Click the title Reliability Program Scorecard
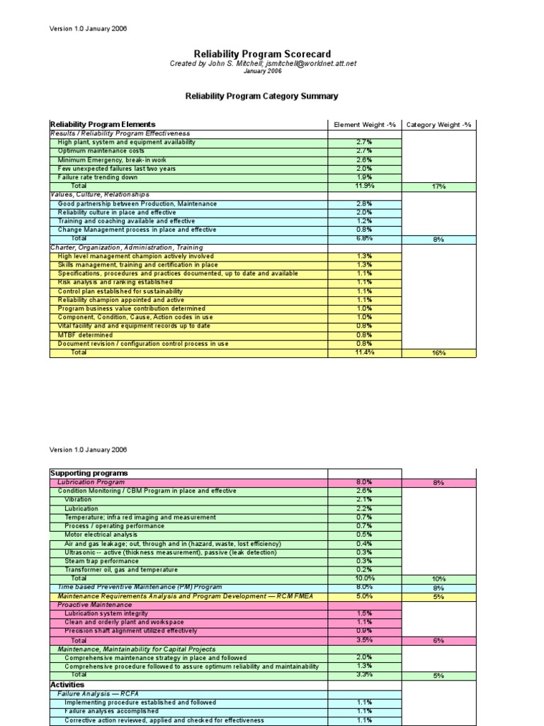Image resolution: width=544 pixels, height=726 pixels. click(262, 54)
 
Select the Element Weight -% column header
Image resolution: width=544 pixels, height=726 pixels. click(363, 125)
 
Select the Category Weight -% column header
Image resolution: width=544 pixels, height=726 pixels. click(438, 125)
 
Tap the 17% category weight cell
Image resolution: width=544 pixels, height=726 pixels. click(438, 186)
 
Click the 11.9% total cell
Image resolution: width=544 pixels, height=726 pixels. click(364, 186)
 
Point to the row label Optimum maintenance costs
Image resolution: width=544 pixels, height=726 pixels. click(101, 151)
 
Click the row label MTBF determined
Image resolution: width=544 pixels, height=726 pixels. click(85, 335)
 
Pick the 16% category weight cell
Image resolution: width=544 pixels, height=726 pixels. click(438, 352)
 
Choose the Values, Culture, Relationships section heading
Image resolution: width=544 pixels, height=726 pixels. click(100, 194)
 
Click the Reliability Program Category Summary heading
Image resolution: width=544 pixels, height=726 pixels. click(261, 96)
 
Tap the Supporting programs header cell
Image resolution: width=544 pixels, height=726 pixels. click(89, 473)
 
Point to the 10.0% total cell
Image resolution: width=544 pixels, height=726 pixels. click(364, 579)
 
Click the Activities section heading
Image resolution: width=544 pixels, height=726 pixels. click(67, 685)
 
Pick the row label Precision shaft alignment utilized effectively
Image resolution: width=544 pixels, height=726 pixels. click(130, 631)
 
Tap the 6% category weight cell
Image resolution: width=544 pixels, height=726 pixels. click(438, 640)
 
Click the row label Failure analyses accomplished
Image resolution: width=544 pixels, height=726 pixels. click(111, 711)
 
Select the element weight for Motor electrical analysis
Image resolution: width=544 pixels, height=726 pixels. click(364, 535)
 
